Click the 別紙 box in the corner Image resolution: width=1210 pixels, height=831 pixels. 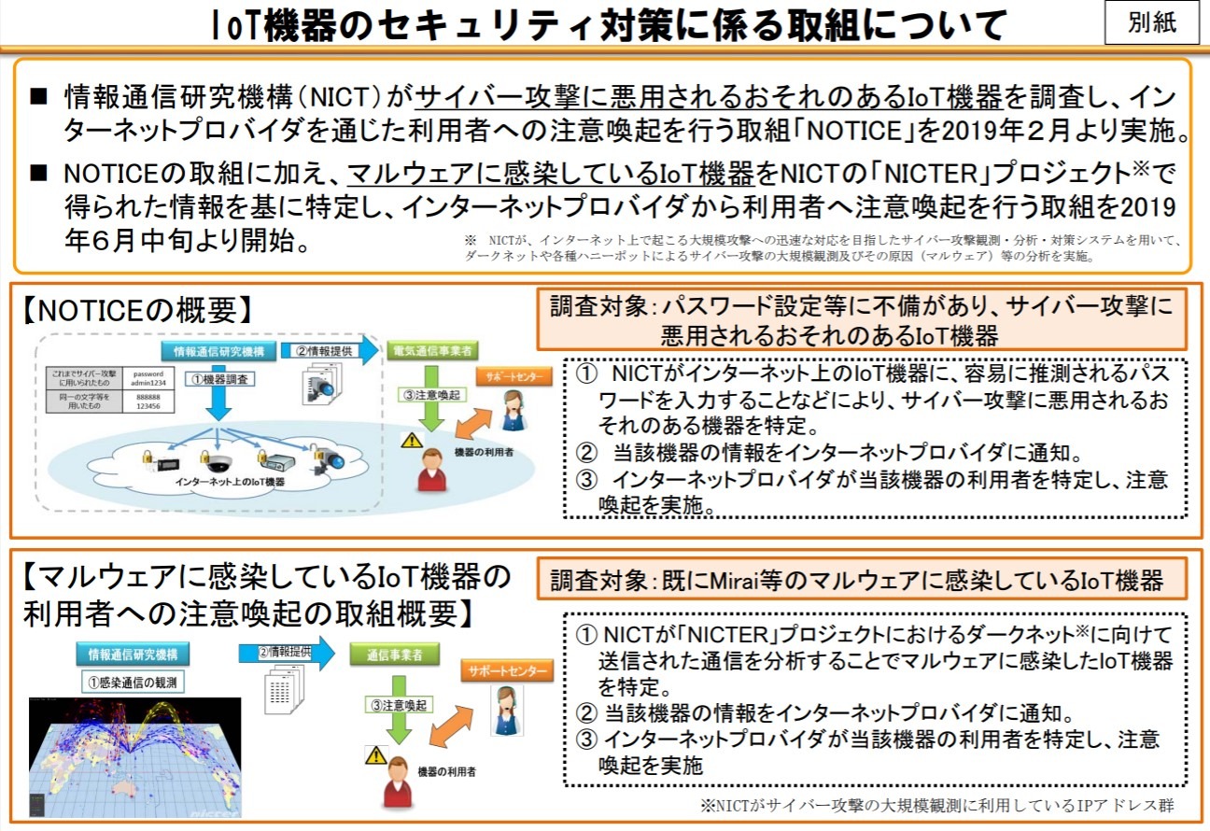pyautogui.click(x=1152, y=23)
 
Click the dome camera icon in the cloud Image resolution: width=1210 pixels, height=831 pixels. pyautogui.click(x=216, y=459)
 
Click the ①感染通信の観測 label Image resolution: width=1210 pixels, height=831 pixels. pyautogui.click(x=135, y=683)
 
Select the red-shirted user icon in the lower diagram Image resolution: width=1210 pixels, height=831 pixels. pyautogui.click(x=397, y=782)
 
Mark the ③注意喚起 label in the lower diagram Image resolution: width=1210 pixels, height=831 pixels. pyautogui.click(x=397, y=702)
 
